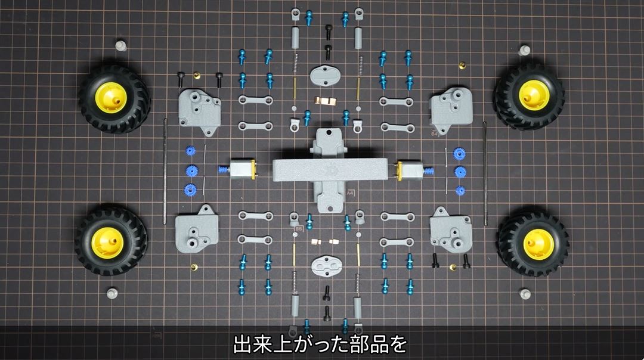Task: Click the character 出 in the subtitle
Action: (242, 345)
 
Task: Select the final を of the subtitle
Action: (397, 345)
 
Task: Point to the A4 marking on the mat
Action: (350, 193)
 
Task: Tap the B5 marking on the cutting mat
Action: (299, 229)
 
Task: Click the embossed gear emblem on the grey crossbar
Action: (330, 169)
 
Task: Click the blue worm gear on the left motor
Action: (224, 169)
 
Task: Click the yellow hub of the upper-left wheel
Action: (111, 98)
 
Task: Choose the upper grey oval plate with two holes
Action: (326, 76)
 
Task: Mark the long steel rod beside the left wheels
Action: (165, 171)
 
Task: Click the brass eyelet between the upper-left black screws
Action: (197, 76)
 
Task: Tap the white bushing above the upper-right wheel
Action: (524, 51)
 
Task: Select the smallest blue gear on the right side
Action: (460, 191)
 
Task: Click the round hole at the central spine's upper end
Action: (329, 133)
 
